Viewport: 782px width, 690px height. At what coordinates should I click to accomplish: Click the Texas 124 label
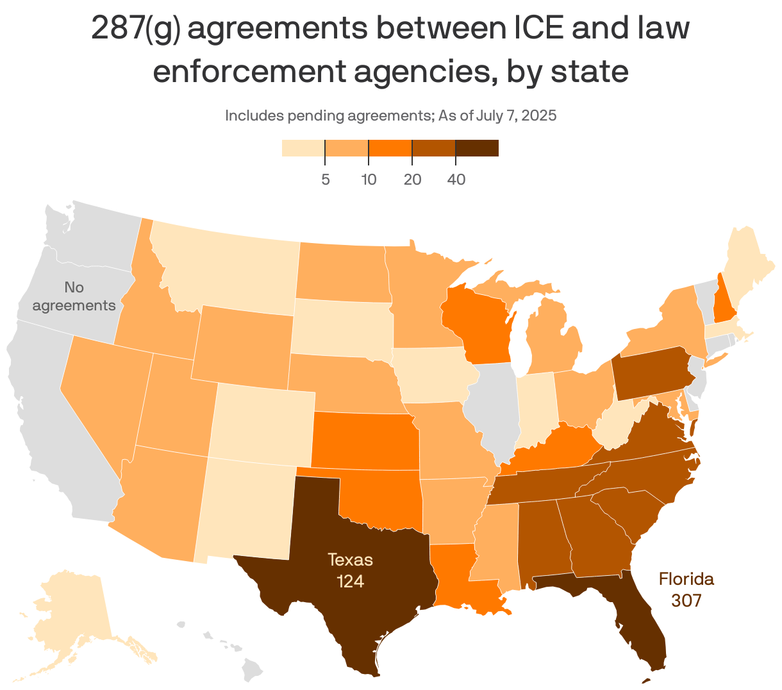tap(350, 570)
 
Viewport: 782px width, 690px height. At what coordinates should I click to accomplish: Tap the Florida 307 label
tap(686, 589)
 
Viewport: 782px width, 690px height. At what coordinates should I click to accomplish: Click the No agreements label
tap(74, 296)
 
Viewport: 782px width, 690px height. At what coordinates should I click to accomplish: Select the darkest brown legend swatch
tap(477, 148)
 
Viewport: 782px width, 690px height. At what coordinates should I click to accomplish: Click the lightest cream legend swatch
tap(303, 148)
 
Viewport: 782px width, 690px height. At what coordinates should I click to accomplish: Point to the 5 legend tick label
tap(326, 180)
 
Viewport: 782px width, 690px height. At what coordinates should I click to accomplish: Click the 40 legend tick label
tap(456, 180)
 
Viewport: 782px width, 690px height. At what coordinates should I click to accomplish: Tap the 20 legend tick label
tap(412, 180)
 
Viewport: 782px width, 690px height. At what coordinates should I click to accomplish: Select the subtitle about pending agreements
tap(390, 116)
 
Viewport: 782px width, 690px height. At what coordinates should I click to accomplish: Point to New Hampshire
tap(725, 301)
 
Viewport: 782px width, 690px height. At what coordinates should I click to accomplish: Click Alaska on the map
tap(71, 616)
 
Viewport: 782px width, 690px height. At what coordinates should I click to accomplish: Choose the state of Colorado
tap(263, 420)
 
